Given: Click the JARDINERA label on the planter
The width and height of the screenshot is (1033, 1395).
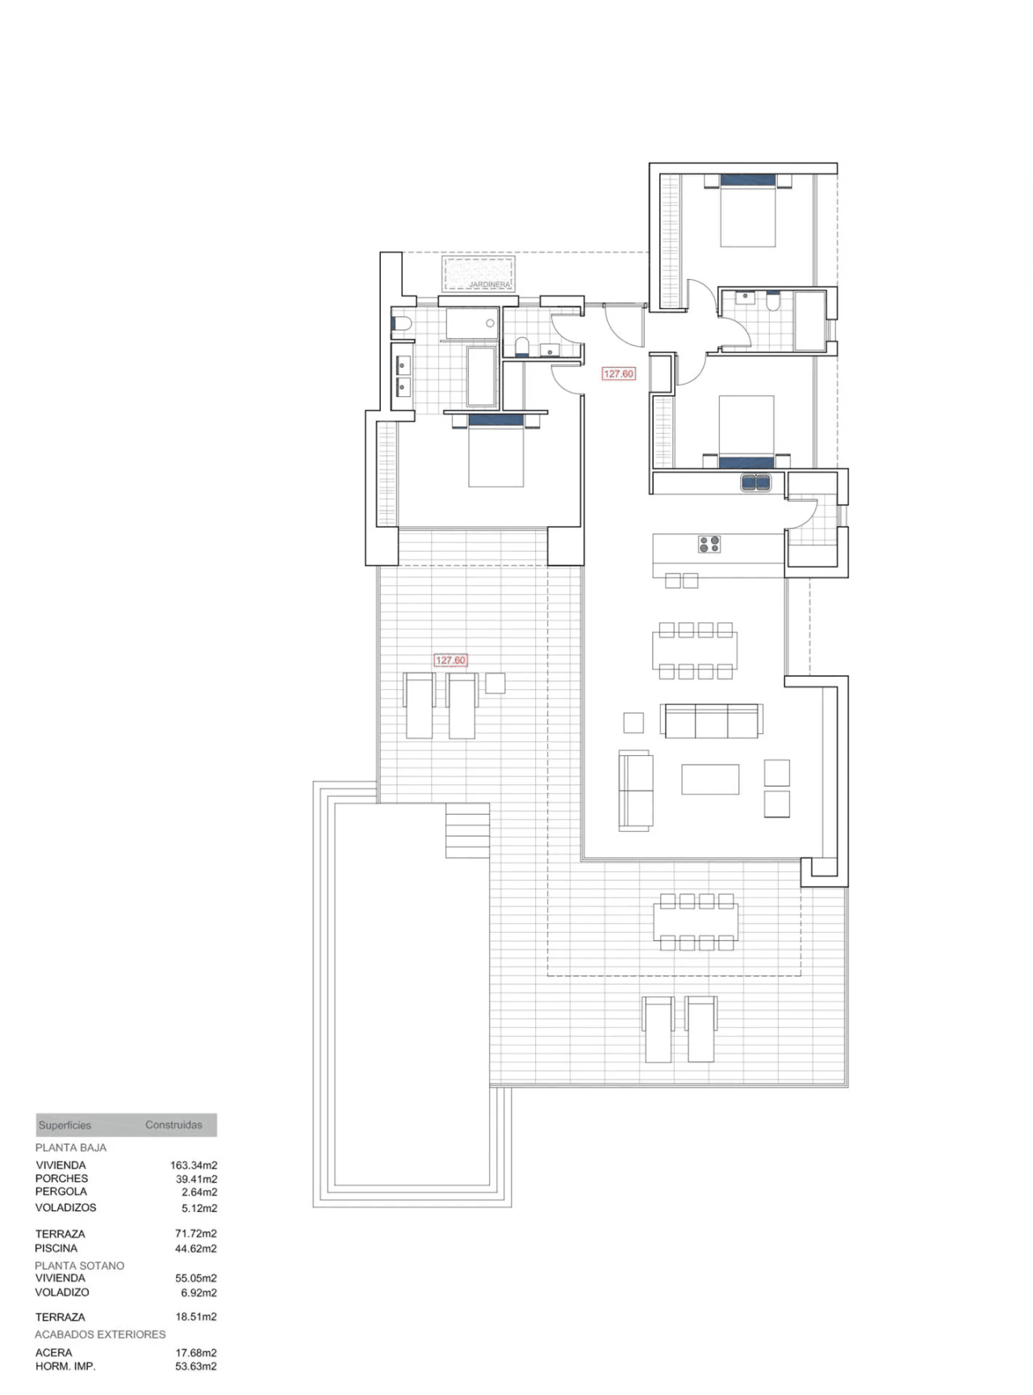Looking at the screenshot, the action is click(489, 285).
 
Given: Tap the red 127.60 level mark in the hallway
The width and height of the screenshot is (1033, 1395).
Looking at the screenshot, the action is click(619, 374).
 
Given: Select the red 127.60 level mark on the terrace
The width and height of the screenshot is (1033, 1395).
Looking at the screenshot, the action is click(450, 660).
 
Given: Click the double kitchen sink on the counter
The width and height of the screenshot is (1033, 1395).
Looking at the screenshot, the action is click(758, 482).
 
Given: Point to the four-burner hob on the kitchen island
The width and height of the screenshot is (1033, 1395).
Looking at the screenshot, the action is click(709, 545).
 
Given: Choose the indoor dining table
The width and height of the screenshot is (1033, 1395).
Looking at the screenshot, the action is click(695, 650).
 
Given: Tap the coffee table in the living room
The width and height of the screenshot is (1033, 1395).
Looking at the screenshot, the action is click(710, 779).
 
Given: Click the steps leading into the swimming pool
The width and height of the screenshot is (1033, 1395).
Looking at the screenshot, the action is click(468, 830).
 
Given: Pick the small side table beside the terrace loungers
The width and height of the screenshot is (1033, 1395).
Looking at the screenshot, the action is click(495, 683).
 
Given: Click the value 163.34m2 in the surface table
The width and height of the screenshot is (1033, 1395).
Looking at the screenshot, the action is click(194, 1165).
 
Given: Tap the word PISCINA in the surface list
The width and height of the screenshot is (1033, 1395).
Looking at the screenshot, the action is click(56, 1248).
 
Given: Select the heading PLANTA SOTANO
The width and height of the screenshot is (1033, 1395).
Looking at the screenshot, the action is click(80, 1266).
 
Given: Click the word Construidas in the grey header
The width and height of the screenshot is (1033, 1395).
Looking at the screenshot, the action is click(174, 1125).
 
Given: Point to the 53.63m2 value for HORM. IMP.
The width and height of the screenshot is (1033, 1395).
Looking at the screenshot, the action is click(196, 1367).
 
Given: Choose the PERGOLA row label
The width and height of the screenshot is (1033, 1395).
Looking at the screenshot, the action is click(61, 1192).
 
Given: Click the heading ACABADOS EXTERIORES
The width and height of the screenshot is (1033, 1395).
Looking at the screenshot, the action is click(100, 1334).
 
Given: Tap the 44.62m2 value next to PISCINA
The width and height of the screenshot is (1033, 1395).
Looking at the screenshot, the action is click(196, 1249).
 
